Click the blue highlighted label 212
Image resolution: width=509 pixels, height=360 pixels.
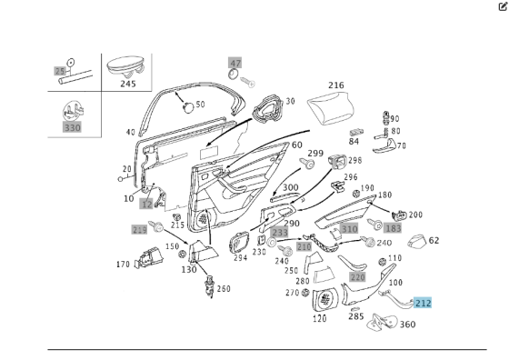[x=424, y=304]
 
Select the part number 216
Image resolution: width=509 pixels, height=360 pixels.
[x=336, y=85]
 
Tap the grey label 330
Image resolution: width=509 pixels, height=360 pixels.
[x=72, y=128]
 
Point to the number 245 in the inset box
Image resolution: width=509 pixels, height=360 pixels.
[x=128, y=84]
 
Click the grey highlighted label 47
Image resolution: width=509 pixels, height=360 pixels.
[x=235, y=63]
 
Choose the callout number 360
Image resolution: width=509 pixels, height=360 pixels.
[x=407, y=325]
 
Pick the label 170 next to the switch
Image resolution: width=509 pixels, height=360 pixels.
[x=123, y=265]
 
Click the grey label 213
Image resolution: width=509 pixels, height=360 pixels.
[x=139, y=230]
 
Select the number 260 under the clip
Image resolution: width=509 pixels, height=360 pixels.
[x=224, y=289]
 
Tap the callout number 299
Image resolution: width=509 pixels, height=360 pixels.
[x=315, y=153]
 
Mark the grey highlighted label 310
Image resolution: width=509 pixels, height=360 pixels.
[x=349, y=230]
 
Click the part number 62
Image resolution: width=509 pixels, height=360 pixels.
[x=434, y=241]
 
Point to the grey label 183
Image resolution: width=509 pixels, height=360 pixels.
[x=392, y=228]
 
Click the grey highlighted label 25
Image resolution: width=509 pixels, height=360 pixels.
[x=61, y=71]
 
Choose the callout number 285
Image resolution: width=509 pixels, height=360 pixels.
[x=356, y=317]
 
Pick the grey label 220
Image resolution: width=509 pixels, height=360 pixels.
[x=357, y=276]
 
